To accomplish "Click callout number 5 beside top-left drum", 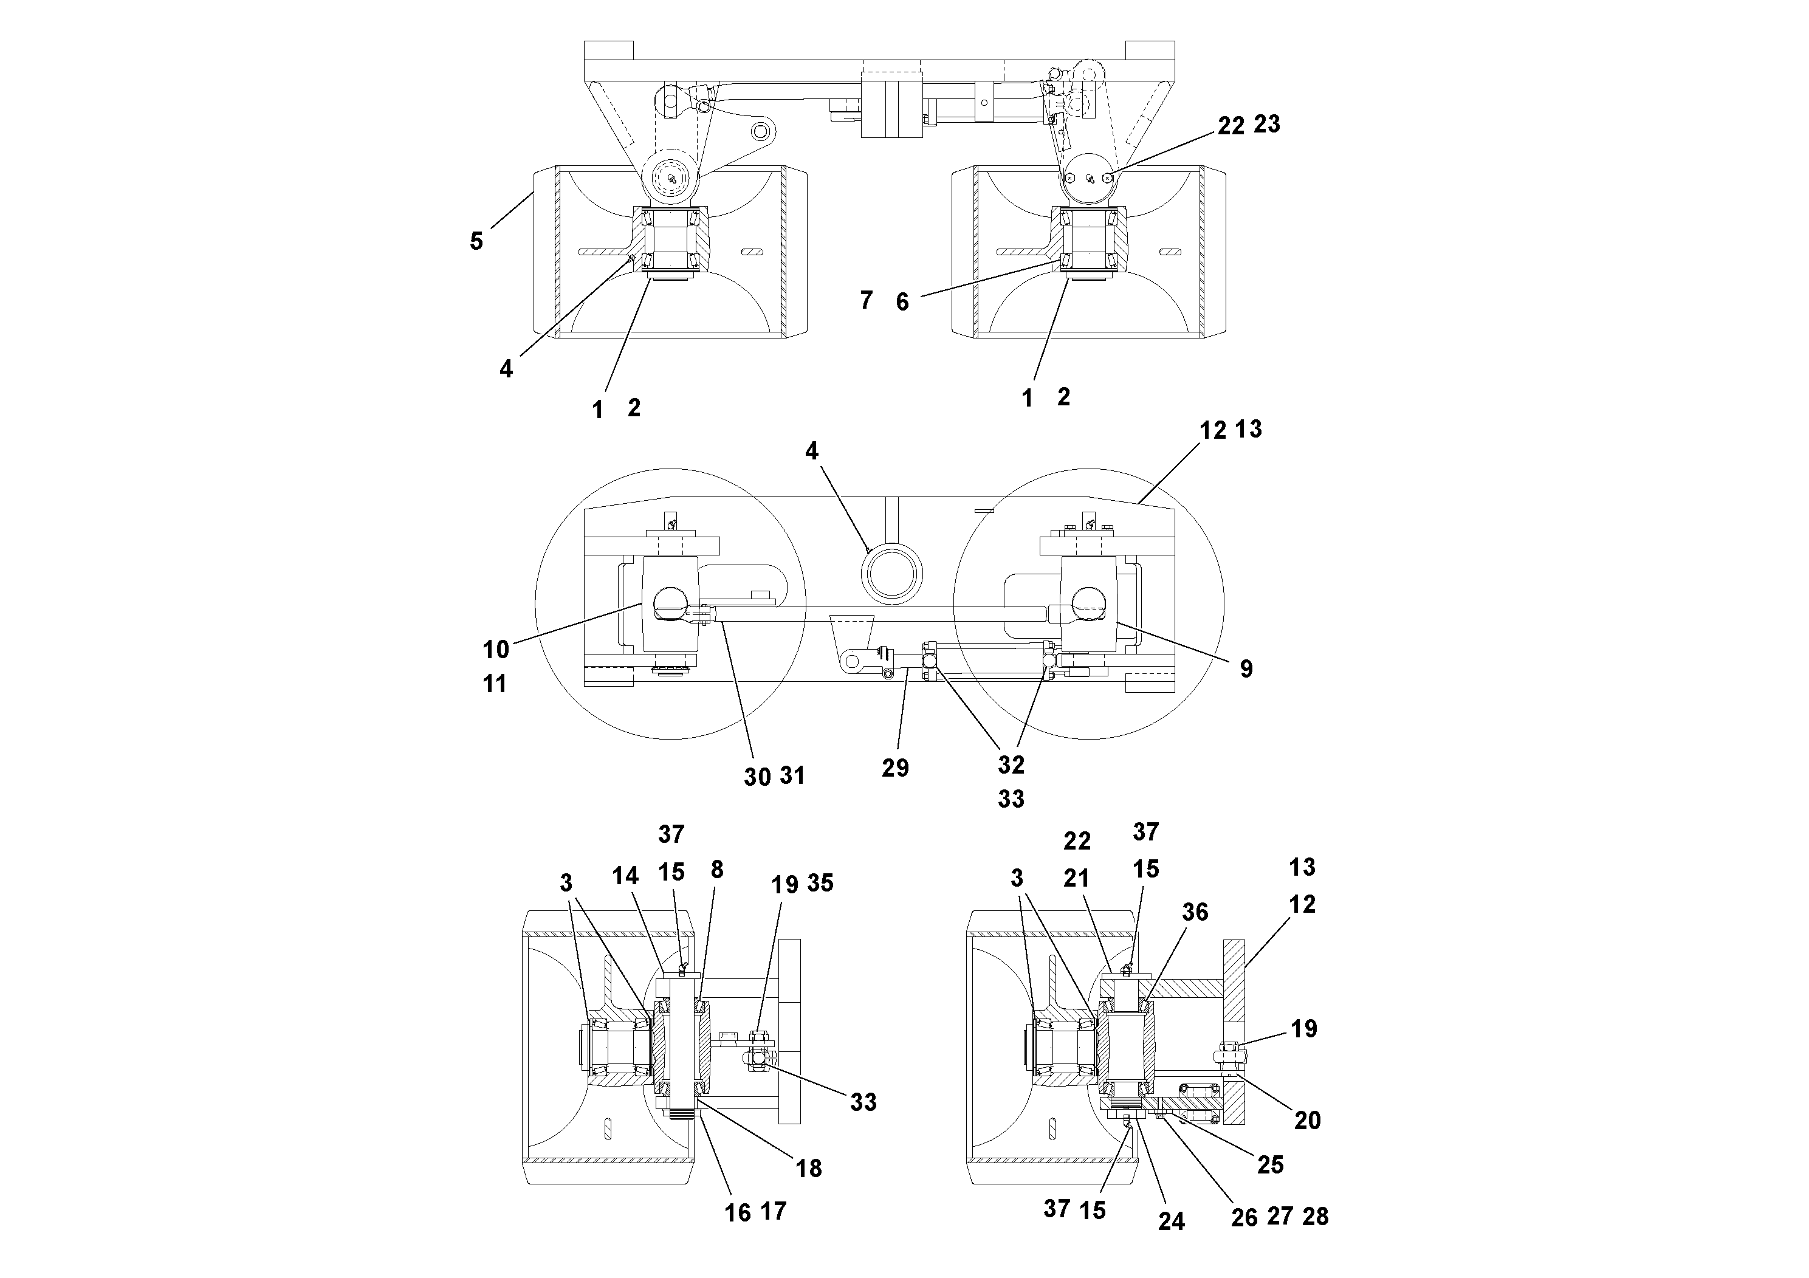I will (x=476, y=241).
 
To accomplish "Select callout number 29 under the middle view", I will (x=895, y=768).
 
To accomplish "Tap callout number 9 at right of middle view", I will (x=1246, y=669).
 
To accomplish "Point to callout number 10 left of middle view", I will (x=496, y=650).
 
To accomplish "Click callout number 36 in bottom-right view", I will (x=1195, y=912).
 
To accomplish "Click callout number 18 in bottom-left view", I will (x=808, y=1169).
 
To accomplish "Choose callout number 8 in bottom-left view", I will (x=716, y=869).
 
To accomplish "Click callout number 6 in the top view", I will (x=902, y=302).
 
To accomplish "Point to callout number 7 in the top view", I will (x=866, y=300).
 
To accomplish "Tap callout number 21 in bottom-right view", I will (x=1076, y=879).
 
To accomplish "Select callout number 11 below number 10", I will (x=494, y=684).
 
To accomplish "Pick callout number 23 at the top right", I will (x=1266, y=124).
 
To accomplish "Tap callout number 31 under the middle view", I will (x=792, y=776).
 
